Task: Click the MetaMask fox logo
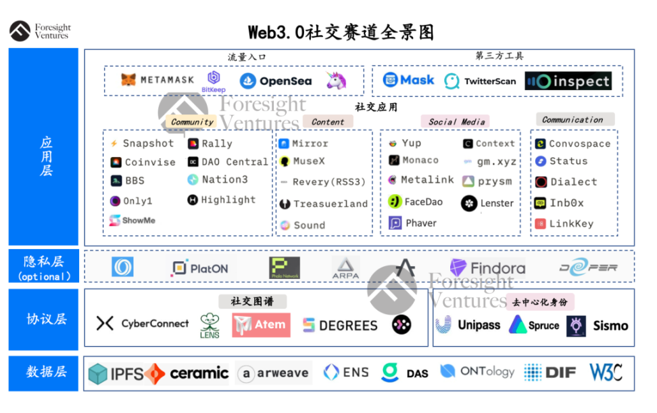pyautogui.click(x=128, y=80)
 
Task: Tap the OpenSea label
pyautogui.click(x=285, y=81)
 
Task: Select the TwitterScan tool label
pyautogui.click(x=489, y=81)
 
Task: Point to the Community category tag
pyautogui.click(x=192, y=122)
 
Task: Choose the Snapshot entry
pyautogui.click(x=148, y=144)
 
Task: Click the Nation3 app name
pyautogui.click(x=224, y=179)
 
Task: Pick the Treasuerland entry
pyautogui.click(x=331, y=203)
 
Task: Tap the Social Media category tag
pyautogui.click(x=456, y=122)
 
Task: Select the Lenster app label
pyautogui.click(x=497, y=203)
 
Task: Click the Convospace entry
pyautogui.click(x=579, y=144)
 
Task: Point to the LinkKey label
pyautogui.click(x=571, y=223)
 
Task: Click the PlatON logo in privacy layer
pyautogui.click(x=199, y=268)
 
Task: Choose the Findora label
pyautogui.click(x=497, y=268)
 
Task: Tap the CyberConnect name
pyautogui.click(x=155, y=324)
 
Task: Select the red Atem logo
pyautogui.click(x=261, y=325)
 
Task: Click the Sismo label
pyautogui.click(x=610, y=326)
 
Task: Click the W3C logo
pyautogui.click(x=606, y=372)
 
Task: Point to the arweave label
pyautogui.click(x=282, y=373)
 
